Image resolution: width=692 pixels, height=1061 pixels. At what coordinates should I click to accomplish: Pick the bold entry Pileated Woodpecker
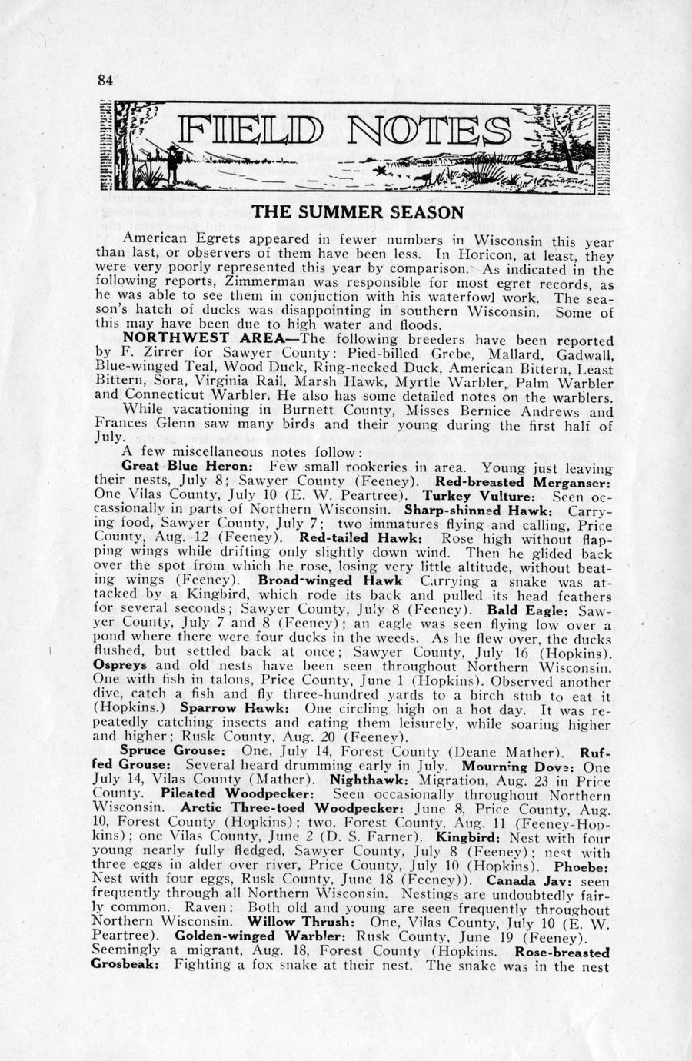pos(238,793)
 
